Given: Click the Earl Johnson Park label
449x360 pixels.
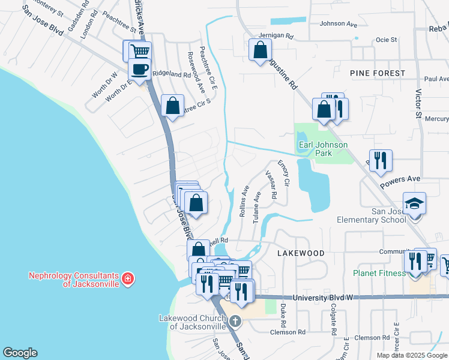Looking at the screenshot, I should coord(323,149).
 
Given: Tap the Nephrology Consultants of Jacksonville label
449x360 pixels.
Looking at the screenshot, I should coord(74,280).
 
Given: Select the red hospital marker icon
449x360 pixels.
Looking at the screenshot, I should coord(127,278).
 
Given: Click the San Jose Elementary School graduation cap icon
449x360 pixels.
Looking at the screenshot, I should coord(414,204).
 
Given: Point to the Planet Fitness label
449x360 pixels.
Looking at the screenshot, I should coord(379,273).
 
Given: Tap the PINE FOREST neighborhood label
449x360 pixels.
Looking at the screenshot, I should coord(378,73).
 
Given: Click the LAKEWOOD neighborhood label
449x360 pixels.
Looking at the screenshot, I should coord(301,253).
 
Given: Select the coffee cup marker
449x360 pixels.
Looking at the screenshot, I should coord(139,69).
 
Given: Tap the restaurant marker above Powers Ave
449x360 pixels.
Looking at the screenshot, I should coord(381,160).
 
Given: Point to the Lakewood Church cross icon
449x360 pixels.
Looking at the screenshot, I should coord(235,322).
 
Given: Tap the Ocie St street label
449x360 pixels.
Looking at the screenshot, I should coord(386,40).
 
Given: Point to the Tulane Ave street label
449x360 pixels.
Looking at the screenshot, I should coord(256,208).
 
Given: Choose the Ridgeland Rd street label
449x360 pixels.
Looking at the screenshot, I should coord(171,74).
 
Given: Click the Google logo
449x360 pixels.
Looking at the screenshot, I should coord(20,353).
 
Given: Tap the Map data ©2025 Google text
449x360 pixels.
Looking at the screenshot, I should coord(411,355).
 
